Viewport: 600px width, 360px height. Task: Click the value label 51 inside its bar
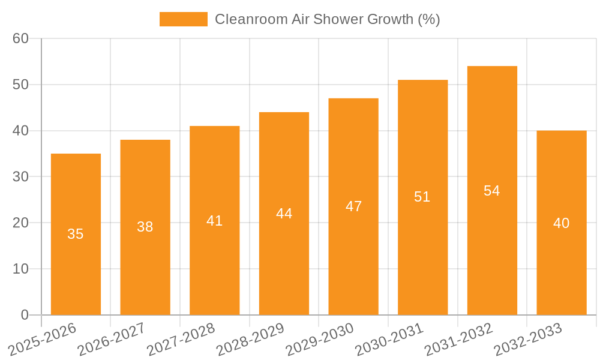pos(422,197)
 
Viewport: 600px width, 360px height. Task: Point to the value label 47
pos(353,206)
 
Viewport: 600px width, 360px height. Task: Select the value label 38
pos(145,227)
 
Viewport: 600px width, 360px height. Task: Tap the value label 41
pos(214,221)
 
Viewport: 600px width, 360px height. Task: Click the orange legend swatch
pos(183,19)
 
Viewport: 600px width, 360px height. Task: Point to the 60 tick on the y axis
pos(20,38)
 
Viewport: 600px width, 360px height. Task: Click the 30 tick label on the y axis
pos(20,176)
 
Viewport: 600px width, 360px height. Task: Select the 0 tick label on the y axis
pos(25,315)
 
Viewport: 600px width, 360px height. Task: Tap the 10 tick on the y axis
pos(20,269)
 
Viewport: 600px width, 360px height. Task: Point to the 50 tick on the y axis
pos(20,85)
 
